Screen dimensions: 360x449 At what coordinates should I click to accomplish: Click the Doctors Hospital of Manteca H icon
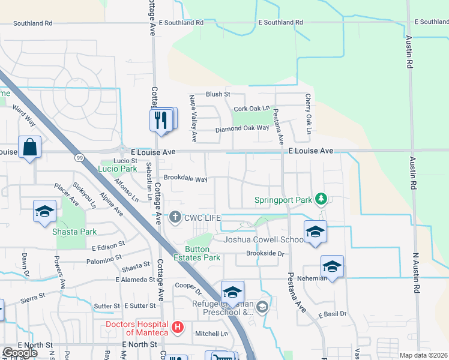pos(178,327)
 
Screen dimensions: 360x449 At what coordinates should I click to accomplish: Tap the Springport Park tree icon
pos(321,198)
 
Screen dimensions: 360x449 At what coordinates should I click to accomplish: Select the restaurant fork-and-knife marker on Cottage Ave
pos(161,120)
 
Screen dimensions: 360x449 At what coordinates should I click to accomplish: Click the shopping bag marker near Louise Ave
pos(29,147)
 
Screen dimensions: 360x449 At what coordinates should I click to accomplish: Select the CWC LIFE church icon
pos(175,217)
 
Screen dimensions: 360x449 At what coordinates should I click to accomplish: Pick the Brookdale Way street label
pos(185,179)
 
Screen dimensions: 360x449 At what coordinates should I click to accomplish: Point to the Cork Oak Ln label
pos(252,109)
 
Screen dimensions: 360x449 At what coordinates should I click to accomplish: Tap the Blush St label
pos(218,94)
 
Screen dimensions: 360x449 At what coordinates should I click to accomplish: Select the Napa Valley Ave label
pos(193,118)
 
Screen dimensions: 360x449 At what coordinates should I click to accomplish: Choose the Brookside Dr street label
pos(264,254)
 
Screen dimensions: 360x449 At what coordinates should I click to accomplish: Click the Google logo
pos(20,353)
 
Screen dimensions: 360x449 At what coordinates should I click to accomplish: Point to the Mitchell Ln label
pos(212,334)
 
